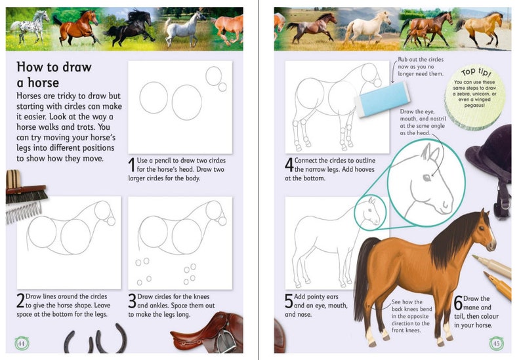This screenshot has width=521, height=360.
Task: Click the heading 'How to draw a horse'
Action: (x=54, y=75)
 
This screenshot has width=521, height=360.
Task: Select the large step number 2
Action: (x=21, y=300)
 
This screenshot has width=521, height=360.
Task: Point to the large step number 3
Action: (x=132, y=300)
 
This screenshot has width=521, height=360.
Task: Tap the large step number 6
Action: (x=458, y=303)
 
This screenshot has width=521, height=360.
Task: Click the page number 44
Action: (x=21, y=344)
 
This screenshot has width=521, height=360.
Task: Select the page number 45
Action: (x=496, y=344)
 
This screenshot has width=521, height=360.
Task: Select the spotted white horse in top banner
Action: (x=30, y=26)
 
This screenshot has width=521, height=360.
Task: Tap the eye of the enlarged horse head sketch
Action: (x=427, y=177)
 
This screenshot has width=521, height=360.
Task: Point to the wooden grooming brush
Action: (x=26, y=193)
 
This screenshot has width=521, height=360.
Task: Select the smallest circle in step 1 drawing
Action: (x=222, y=87)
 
